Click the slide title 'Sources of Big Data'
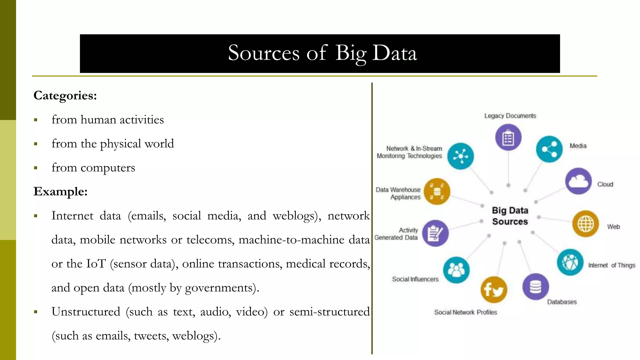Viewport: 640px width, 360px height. coord(322,53)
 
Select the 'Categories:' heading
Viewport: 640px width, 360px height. coord(65,96)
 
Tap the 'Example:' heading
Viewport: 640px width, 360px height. coord(60,192)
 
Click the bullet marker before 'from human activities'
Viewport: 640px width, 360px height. coord(36,120)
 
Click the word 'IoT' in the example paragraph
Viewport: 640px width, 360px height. coord(96,264)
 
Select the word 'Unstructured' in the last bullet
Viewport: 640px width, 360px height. coord(86,312)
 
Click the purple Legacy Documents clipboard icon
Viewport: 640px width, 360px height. coord(508,137)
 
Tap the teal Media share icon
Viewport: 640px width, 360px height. coord(549,149)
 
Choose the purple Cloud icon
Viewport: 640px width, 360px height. coord(578,181)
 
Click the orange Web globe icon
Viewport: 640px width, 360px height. coord(585,223)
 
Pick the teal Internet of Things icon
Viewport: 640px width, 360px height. coord(570,262)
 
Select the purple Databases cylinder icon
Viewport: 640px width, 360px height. coord(535,287)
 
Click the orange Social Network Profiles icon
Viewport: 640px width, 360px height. coord(494,290)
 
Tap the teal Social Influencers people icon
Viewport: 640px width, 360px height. coord(456,270)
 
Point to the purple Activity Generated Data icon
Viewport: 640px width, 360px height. coord(435,233)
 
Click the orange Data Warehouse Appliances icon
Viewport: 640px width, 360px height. coord(437,191)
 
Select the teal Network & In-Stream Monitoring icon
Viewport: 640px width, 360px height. coord(460,156)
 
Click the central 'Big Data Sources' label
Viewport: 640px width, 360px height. coord(510,216)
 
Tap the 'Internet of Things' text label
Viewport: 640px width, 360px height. coord(612,265)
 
